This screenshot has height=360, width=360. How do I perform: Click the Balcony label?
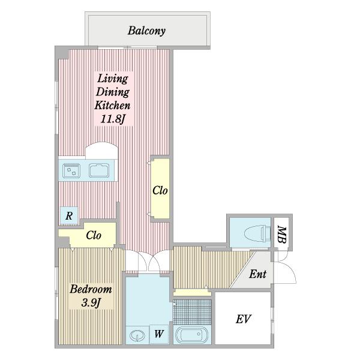146,31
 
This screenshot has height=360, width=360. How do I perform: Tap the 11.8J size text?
113,119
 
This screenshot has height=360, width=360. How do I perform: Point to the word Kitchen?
113,106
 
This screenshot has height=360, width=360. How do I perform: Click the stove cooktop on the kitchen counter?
71,170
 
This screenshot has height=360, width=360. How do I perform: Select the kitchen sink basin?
99,170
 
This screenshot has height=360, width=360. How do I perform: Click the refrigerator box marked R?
69,215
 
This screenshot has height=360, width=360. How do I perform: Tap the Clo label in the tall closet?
160,191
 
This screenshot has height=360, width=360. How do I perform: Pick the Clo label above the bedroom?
94,235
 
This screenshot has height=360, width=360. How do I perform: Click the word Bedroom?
91,289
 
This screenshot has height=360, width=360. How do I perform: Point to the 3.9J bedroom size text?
91,303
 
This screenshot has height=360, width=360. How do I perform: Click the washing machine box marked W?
159,334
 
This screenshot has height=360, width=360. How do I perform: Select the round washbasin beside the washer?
137,336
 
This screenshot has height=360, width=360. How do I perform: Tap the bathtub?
192,335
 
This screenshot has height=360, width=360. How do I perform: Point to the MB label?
282,235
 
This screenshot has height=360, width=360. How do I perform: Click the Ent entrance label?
257,274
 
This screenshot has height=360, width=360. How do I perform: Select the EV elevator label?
244,319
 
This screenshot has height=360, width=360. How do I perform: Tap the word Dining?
113,92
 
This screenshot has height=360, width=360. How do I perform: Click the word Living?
113,79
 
